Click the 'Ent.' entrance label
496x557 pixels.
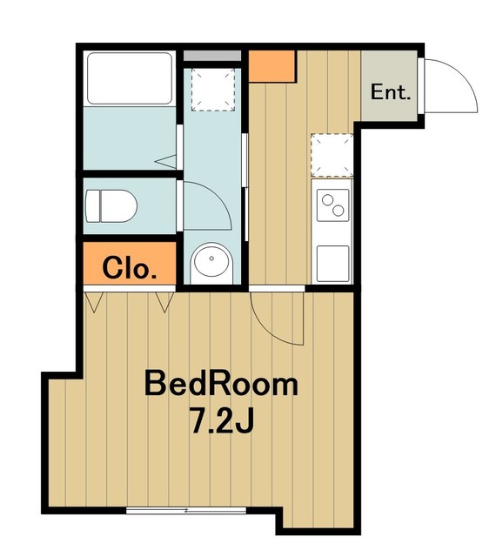tap(391, 92)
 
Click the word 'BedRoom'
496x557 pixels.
tap(221, 384)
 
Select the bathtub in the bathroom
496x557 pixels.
tap(130, 78)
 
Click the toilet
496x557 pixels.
tap(111, 206)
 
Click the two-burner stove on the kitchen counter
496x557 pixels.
tap(332, 205)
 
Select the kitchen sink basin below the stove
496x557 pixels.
tap(332, 264)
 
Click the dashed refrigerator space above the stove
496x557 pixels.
tap(332, 155)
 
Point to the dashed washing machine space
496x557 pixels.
tap(213, 90)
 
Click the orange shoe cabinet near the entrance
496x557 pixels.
tap(272, 66)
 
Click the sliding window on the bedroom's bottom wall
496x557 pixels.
tap(186, 511)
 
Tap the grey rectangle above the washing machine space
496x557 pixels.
tap(212, 56)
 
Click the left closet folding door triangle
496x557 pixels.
tap(94, 302)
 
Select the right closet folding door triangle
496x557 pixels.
tap(164, 302)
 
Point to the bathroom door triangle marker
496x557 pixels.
tap(165, 162)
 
